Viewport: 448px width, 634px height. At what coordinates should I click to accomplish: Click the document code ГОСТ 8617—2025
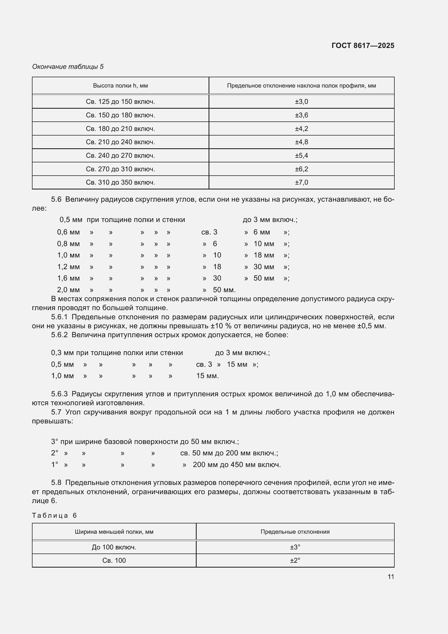(x=363, y=46)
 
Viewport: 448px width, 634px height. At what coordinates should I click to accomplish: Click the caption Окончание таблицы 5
(x=68, y=67)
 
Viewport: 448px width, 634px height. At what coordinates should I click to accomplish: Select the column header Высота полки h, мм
(x=120, y=86)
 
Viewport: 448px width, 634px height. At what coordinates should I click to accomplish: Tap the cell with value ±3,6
(x=301, y=115)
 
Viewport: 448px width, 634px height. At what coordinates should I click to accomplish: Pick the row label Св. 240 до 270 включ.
(x=120, y=156)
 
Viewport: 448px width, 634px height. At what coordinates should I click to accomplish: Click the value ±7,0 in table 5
(x=301, y=182)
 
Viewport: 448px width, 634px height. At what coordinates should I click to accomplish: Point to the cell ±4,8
(x=301, y=142)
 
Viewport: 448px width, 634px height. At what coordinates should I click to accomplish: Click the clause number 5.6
(x=56, y=199)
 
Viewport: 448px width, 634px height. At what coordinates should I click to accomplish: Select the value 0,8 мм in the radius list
(x=69, y=244)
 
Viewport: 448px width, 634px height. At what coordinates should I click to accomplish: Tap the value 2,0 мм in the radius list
(x=69, y=290)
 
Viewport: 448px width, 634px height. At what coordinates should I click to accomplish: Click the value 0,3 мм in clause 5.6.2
(x=62, y=353)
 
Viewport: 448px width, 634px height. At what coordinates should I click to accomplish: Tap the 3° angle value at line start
(x=54, y=442)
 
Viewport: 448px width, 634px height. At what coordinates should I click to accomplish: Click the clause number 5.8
(x=56, y=482)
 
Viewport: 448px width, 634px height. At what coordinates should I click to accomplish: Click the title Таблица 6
(x=54, y=516)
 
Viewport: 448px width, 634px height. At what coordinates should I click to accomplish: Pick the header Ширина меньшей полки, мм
(x=114, y=532)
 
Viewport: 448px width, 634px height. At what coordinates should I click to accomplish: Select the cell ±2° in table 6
(x=295, y=560)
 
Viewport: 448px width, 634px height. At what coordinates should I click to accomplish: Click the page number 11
(x=391, y=577)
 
